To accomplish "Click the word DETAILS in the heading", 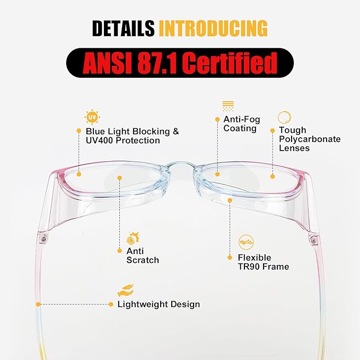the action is tap(124, 28).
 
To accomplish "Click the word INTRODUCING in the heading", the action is tap(213, 28).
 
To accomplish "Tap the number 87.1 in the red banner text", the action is tap(157, 63).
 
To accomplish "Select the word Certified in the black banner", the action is tap(230, 63).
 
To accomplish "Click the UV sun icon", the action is tap(92, 117).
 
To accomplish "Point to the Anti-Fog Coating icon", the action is tap(228, 106).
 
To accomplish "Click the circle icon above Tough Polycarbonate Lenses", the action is tap(284, 117).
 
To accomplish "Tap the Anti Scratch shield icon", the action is tap(133, 238).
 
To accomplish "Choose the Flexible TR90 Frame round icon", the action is tap(246, 242).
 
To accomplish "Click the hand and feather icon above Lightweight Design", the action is tap(126, 291).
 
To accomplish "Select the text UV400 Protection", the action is tap(123, 141).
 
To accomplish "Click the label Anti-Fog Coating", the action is tap(242, 124).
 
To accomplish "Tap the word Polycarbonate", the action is tap(310, 139).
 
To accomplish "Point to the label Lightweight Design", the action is tap(159, 304).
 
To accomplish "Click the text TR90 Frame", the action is tap(264, 267).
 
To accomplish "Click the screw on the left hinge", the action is tap(43, 240).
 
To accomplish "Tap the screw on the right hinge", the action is tap(313, 241).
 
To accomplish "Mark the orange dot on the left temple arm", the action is tap(38, 304).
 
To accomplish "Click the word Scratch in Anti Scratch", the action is tap(143, 260).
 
